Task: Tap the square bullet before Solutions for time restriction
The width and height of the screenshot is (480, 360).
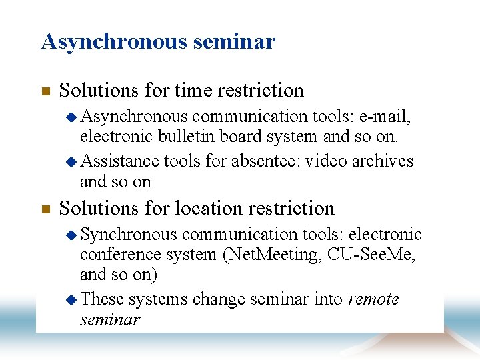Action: [45, 91]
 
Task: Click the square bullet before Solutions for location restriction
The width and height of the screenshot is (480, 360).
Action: [45, 209]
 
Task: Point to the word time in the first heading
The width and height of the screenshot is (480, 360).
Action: [192, 90]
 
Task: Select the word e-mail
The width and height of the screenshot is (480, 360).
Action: [385, 117]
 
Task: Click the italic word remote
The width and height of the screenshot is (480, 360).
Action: [373, 299]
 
